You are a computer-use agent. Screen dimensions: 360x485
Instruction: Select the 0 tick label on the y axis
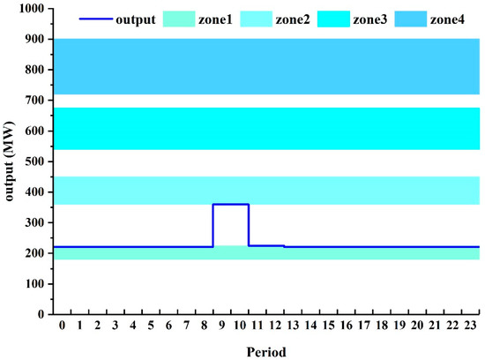point(40,314)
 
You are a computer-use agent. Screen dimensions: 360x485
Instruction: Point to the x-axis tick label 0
point(62,326)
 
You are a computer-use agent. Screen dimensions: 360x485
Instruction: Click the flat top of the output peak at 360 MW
point(231,204)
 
